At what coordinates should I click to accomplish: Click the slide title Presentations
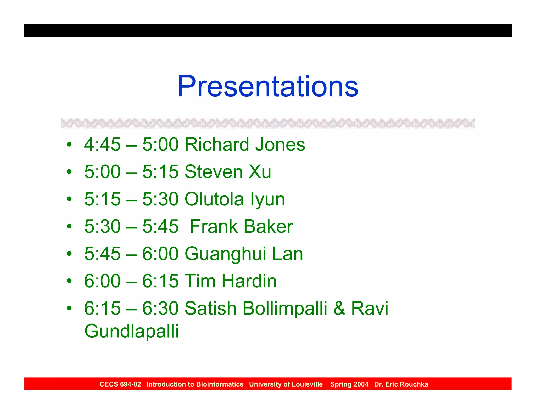click(x=268, y=86)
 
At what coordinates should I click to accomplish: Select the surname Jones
click(x=280, y=144)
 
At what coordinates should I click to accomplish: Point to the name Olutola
click(x=214, y=199)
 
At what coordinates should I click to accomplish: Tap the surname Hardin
click(x=249, y=281)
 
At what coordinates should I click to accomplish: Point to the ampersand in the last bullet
click(x=339, y=308)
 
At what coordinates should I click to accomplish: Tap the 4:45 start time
click(x=102, y=144)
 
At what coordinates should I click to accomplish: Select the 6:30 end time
click(x=160, y=308)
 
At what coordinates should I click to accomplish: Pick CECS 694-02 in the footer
click(x=120, y=384)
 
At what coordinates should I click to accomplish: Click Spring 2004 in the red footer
click(x=349, y=384)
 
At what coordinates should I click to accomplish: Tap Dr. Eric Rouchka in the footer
click(x=401, y=384)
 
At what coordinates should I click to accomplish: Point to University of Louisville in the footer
click(x=286, y=384)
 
